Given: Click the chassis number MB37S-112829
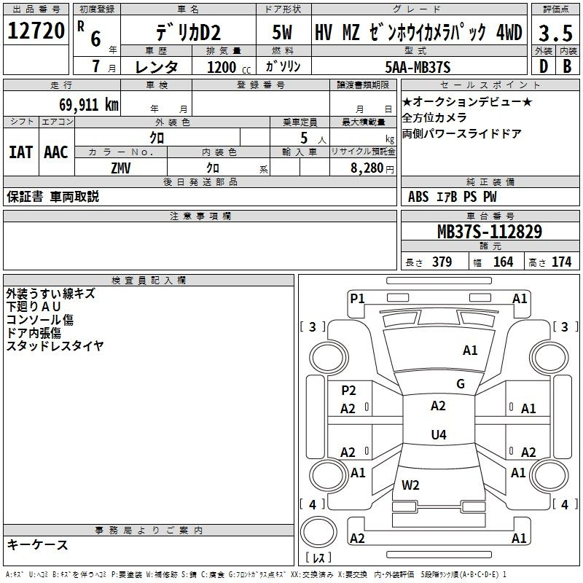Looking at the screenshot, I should pyautogui.click(x=489, y=232).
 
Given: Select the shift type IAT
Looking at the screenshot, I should pyautogui.click(x=20, y=152).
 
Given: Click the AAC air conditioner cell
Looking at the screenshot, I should pyautogui.click(x=56, y=152).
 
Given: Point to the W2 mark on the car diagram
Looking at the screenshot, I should pyautogui.click(x=410, y=485).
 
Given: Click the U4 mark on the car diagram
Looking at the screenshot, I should pyautogui.click(x=438, y=435).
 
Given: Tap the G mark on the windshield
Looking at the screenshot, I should pyautogui.click(x=461, y=384).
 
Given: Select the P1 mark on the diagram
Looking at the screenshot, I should pyautogui.click(x=357, y=298).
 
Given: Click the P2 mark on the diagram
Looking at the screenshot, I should pyautogui.click(x=349, y=390).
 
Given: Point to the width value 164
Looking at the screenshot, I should pyautogui.click(x=503, y=262).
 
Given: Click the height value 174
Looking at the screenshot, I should pyautogui.click(x=561, y=262).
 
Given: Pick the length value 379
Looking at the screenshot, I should pyautogui.click(x=442, y=262).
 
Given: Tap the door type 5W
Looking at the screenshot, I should pyautogui.click(x=283, y=33).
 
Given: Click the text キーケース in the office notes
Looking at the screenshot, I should pyautogui.click(x=38, y=545).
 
